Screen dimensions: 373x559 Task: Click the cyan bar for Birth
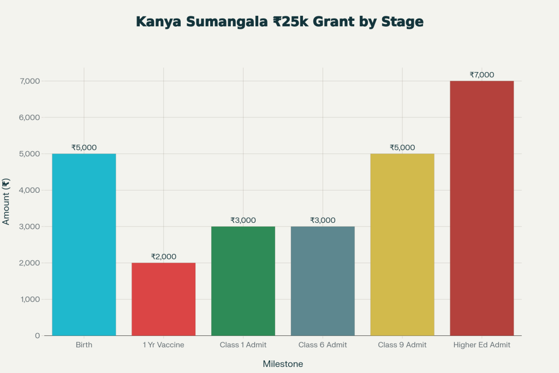click(84, 245)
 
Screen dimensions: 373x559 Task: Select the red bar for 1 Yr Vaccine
click(164, 299)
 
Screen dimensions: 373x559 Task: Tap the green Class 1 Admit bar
click(243, 281)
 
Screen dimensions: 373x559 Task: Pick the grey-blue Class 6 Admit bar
click(323, 281)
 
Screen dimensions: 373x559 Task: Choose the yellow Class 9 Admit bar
click(402, 245)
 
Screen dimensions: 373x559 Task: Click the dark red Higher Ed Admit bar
click(482, 208)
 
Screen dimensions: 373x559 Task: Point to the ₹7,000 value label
click(482, 75)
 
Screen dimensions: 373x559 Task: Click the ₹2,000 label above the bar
click(164, 257)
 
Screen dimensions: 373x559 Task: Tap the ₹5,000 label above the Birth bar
click(84, 147)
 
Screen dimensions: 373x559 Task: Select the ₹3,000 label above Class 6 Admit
click(323, 220)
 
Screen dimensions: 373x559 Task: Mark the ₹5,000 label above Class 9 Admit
click(402, 147)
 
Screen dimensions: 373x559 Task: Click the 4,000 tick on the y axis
click(29, 190)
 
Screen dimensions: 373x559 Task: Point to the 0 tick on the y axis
click(37, 335)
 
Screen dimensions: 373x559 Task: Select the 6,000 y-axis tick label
click(29, 117)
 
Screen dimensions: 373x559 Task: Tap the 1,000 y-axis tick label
click(29, 299)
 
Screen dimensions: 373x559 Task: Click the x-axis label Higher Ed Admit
click(482, 345)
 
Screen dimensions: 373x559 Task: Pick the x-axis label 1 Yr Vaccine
click(164, 345)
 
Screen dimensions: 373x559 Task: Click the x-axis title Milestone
click(283, 364)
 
